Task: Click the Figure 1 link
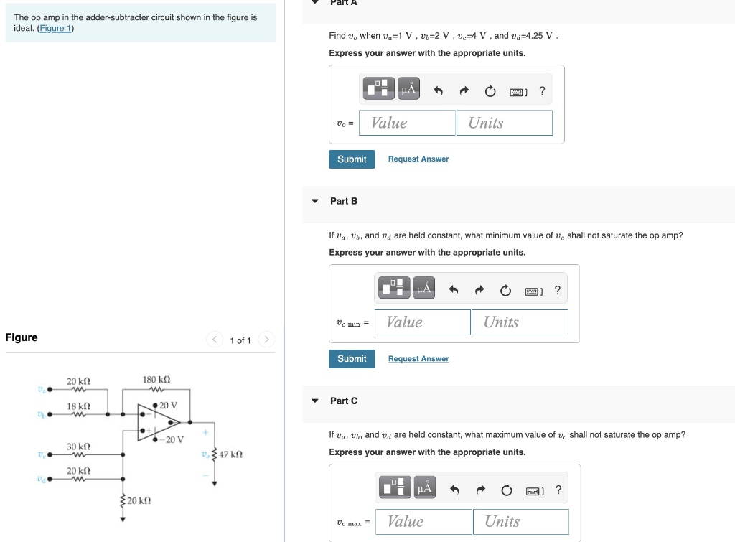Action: [55, 28]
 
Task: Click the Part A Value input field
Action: [407, 123]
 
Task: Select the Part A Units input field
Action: [505, 123]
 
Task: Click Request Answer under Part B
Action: [418, 359]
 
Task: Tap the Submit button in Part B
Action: [352, 359]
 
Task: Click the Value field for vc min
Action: [422, 322]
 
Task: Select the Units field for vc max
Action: [520, 522]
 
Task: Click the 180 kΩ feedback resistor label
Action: [156, 379]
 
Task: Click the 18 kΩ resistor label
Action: [78, 406]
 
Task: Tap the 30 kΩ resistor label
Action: [78, 447]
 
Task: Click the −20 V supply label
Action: [172, 439]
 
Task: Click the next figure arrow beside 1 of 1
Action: [266, 340]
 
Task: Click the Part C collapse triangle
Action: [315, 401]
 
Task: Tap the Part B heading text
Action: [344, 201]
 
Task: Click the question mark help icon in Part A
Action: [542, 90]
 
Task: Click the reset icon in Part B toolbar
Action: [505, 290]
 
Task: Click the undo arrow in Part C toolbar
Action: [454, 490]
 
